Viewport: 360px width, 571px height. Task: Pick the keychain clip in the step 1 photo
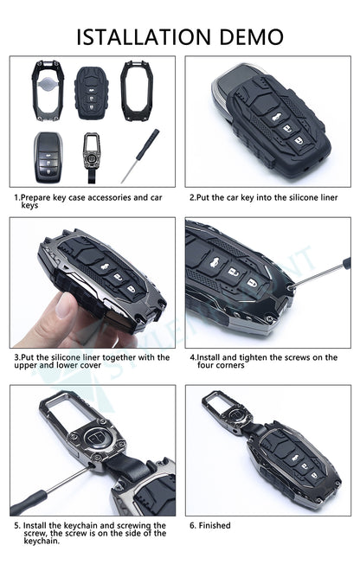(92, 155)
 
